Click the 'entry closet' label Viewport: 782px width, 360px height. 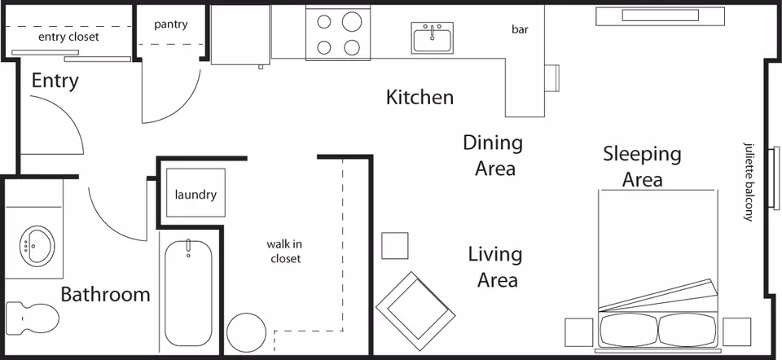(x=68, y=37)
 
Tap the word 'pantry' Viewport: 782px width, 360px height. (x=170, y=24)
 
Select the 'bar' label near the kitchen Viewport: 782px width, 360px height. (x=520, y=29)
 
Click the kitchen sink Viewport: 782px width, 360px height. (x=433, y=37)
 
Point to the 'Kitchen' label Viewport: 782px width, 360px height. (x=420, y=97)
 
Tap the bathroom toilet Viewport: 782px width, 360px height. (x=33, y=316)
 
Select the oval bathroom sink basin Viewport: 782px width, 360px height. (x=38, y=244)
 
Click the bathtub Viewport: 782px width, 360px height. (x=188, y=293)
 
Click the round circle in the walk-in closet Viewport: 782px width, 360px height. (x=246, y=332)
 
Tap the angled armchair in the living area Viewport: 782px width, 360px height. (x=415, y=311)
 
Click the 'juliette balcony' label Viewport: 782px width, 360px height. (x=748, y=182)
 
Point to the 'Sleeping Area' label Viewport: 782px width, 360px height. (x=642, y=166)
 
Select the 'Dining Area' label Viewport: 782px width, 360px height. (x=494, y=156)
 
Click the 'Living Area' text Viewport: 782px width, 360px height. (x=496, y=267)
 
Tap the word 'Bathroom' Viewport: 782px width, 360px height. (x=105, y=295)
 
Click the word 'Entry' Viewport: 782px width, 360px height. (x=55, y=81)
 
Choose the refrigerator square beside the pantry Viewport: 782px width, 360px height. (x=240, y=35)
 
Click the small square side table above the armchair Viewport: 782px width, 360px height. (x=395, y=246)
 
